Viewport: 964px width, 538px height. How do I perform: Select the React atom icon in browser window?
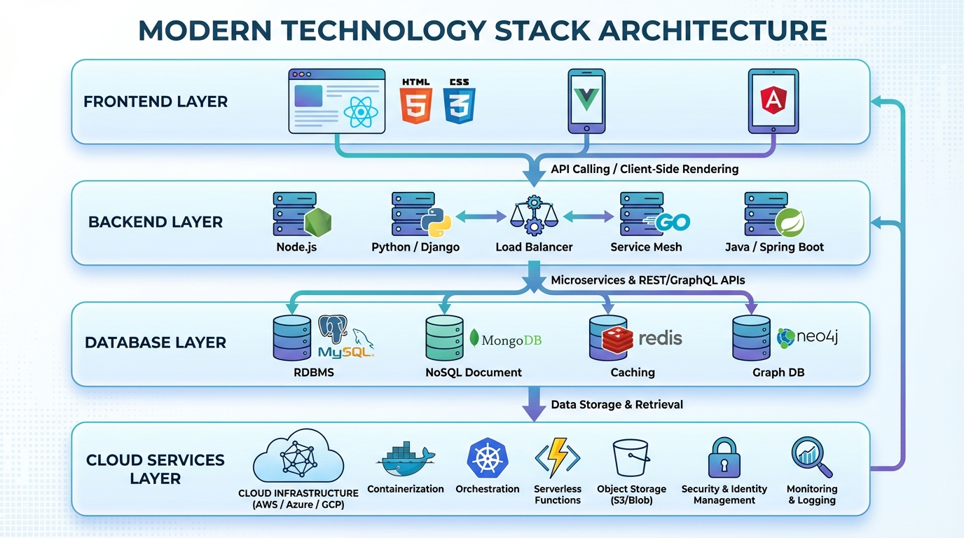coord(361,111)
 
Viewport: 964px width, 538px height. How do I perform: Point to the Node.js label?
coord(296,247)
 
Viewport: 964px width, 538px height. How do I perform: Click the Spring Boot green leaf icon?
coord(790,222)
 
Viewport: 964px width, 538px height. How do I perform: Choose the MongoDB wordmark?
coord(507,340)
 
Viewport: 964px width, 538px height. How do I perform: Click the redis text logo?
coord(659,338)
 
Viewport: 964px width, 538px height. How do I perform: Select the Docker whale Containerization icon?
coord(406,459)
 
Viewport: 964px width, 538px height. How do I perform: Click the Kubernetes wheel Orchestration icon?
coord(487,458)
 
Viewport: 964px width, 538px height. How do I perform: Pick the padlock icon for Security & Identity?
coord(724,458)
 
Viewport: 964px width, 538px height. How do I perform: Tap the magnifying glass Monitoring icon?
coord(811,457)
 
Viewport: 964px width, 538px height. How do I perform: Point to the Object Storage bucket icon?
coord(631,459)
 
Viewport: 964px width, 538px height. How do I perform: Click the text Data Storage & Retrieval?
coord(617,405)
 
